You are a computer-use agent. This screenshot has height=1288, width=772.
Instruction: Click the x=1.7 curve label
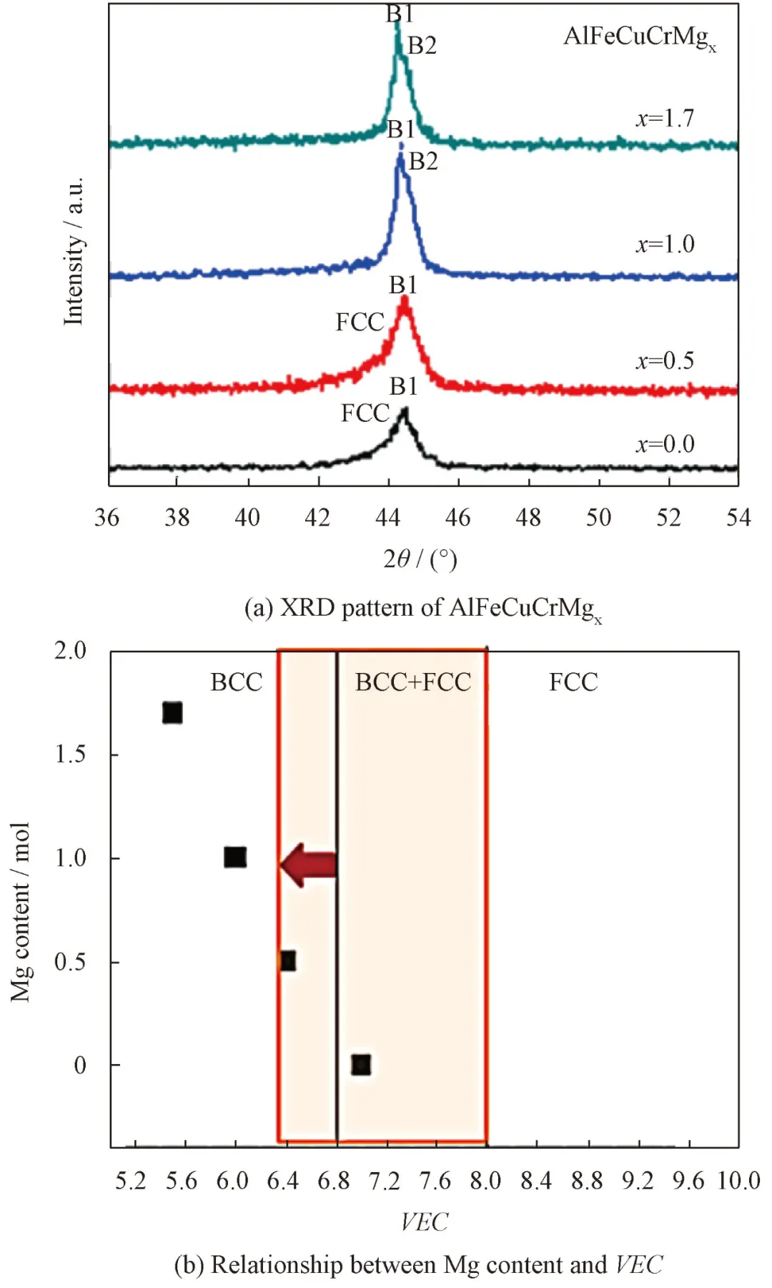[x=665, y=118]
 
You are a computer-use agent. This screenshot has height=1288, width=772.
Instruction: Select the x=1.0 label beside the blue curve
[x=665, y=245]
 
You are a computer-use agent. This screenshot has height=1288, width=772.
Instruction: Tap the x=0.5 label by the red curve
[x=665, y=360]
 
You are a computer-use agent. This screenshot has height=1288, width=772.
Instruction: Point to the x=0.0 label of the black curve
[x=665, y=444]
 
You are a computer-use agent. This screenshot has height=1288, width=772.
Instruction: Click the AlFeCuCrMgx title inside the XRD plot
[x=639, y=37]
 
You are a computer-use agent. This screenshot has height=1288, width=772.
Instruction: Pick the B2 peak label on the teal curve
[x=422, y=46]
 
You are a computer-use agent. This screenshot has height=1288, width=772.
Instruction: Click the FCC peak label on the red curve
[x=360, y=323]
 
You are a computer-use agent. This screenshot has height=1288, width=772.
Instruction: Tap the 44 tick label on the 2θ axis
[x=388, y=517]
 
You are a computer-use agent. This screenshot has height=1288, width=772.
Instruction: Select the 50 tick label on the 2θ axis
[x=598, y=517]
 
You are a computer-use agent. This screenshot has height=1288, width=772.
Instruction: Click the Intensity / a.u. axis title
[x=74, y=250]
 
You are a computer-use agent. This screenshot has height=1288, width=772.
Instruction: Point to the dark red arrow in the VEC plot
[x=309, y=865]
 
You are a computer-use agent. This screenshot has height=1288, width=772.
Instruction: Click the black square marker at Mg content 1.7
[x=172, y=713]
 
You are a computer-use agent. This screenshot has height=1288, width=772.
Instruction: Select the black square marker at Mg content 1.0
[x=235, y=857]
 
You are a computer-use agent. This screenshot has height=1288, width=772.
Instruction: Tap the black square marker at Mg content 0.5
[x=287, y=960]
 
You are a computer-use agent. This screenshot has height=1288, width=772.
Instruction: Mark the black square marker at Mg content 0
[x=361, y=1065]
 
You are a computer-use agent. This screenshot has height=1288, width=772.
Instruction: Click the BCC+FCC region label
[x=413, y=682]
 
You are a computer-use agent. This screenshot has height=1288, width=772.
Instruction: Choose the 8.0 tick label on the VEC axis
[x=485, y=1181]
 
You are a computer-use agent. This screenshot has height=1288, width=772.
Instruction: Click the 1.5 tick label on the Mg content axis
[x=70, y=754]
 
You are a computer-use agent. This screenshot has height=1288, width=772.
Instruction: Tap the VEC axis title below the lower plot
[x=424, y=1221]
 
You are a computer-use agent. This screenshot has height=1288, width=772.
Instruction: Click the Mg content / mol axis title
[x=20, y=912]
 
